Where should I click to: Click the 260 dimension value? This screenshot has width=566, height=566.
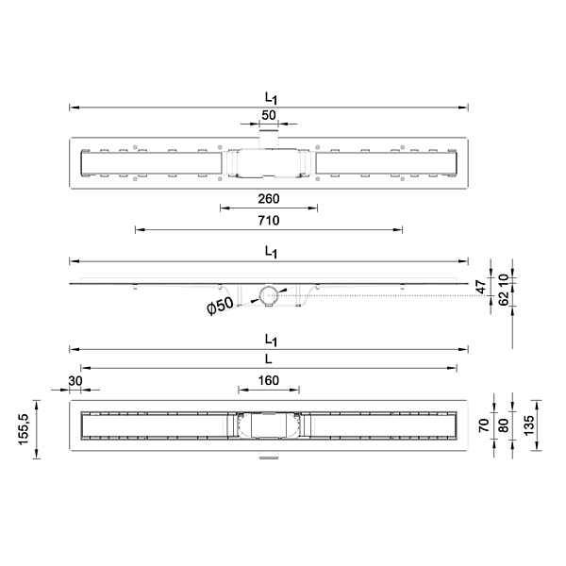pyautogui.click(x=269, y=199)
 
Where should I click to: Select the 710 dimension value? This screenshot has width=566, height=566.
pyautogui.click(x=269, y=221)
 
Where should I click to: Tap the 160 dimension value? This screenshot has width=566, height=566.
pyautogui.click(x=269, y=380)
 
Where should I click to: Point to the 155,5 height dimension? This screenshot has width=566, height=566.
pyautogui.click(x=23, y=429)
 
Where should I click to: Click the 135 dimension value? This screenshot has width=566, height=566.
pyautogui.click(x=528, y=425)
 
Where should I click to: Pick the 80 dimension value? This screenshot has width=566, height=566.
pyautogui.click(x=503, y=425)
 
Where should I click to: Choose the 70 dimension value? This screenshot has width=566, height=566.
pyautogui.click(x=484, y=425)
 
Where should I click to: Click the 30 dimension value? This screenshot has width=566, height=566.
pyautogui.click(x=75, y=381)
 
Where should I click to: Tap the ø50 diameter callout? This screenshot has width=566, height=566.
pyautogui.click(x=220, y=306)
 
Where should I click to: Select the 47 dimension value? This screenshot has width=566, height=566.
pyautogui.click(x=481, y=287)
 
